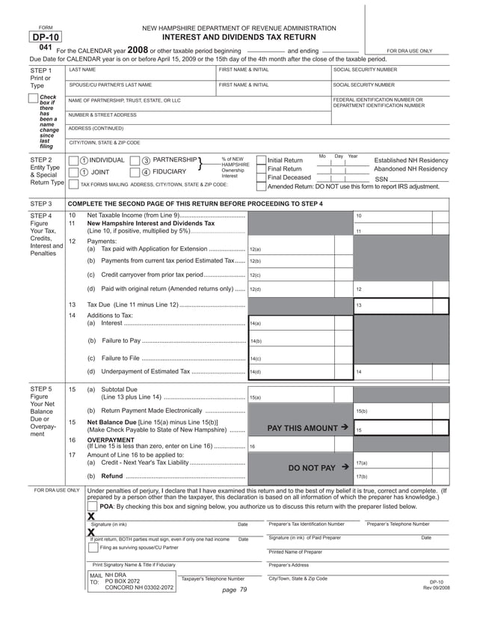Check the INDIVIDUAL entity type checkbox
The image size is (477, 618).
pyautogui.click(x=73, y=160)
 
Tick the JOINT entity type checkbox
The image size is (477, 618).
pyautogui.click(x=73, y=171)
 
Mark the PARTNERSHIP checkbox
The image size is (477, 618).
pyautogui.click(x=135, y=160)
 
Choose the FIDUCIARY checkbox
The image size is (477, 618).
pyautogui.click(x=135, y=171)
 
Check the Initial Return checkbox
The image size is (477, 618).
pyautogui.click(x=260, y=160)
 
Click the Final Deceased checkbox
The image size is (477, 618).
pyautogui.click(x=260, y=177)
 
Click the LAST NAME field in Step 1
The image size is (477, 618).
pyautogui.click(x=140, y=76)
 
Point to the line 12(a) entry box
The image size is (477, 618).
pyautogui.click(x=299, y=248)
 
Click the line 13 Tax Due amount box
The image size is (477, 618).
pyautogui.click(x=400, y=305)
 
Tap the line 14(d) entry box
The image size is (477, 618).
pyautogui.click(x=299, y=371)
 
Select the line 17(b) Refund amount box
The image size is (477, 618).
pyautogui.click(x=400, y=476)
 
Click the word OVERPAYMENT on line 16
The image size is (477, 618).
pyautogui.click(x=108, y=440)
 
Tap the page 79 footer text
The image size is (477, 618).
pyautogui.click(x=235, y=590)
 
